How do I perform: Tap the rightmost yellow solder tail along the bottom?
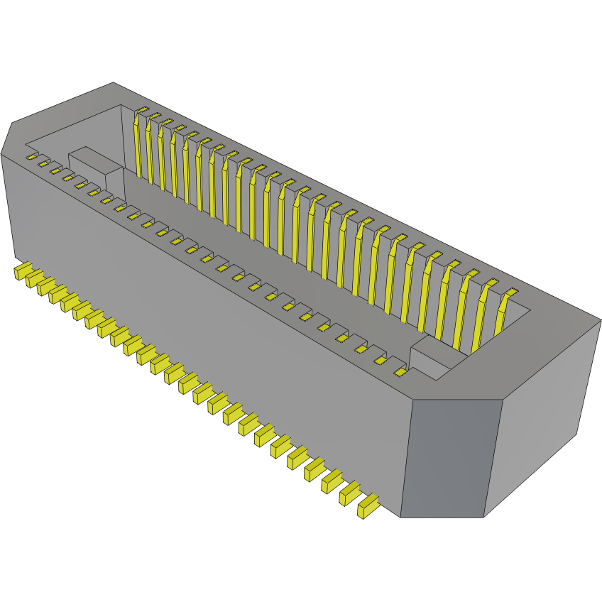click(x=368, y=507)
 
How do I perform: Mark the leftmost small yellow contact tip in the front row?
click(x=31, y=156)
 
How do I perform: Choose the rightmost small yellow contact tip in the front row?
click(x=400, y=372)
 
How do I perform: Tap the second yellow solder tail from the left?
click(x=35, y=280)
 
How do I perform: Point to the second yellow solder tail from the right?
click(x=349, y=493)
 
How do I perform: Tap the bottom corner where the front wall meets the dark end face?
click(x=401, y=515)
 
